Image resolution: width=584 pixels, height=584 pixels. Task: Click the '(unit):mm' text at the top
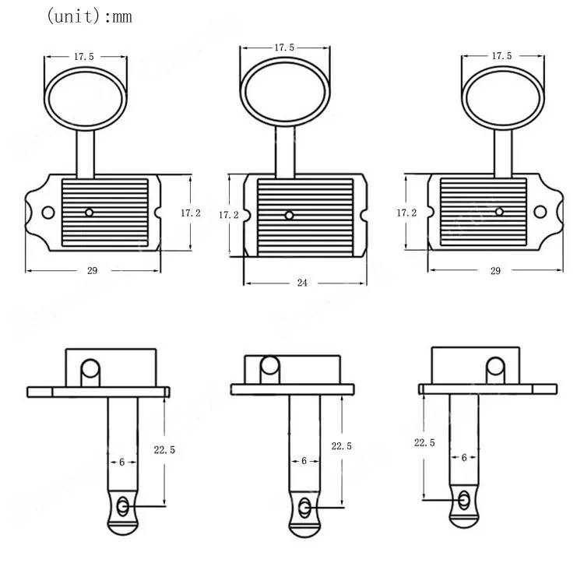pos(89,16)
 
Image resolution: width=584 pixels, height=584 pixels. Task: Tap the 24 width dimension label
pos(302,283)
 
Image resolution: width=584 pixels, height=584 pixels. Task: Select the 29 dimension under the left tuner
pos(92,271)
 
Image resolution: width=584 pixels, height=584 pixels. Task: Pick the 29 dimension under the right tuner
pos(495,271)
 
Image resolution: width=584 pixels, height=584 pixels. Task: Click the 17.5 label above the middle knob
pos(284,47)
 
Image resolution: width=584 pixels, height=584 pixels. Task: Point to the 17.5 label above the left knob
pos(84,57)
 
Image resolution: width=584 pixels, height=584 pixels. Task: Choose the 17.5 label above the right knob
pos(501,56)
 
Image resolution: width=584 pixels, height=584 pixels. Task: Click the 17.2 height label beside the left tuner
pos(191,213)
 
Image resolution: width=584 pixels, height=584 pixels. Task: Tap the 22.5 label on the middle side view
pos(341,446)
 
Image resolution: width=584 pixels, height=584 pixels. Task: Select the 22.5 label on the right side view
pos(424,442)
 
